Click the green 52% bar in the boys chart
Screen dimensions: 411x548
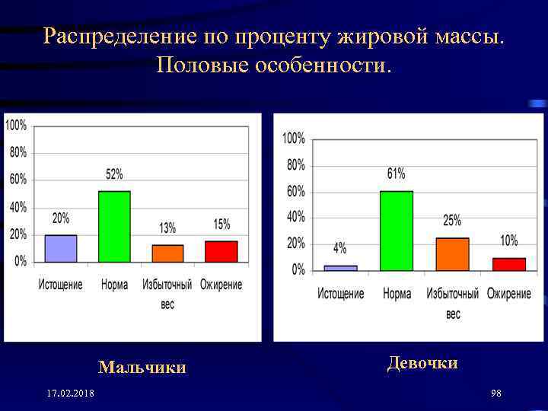point(114,227)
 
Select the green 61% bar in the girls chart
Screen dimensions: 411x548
point(397,231)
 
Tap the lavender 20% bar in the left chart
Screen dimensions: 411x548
point(61,248)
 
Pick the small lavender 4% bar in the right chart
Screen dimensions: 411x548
point(340,268)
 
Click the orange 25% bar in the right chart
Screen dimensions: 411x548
point(452,254)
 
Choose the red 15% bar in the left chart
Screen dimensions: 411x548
point(221,251)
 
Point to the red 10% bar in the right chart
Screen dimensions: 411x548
point(508,264)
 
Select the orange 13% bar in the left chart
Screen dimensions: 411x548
point(167,253)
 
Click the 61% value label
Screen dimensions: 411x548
point(397,174)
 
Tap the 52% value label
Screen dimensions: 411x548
point(114,174)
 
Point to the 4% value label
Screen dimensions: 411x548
point(340,248)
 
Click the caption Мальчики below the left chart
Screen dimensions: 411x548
point(142,368)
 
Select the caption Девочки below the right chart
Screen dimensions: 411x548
point(422,363)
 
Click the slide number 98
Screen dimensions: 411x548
point(496,393)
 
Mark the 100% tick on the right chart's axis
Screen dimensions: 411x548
point(293,139)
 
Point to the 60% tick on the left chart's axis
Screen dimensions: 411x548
point(18,179)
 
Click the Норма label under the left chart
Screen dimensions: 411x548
point(114,285)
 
